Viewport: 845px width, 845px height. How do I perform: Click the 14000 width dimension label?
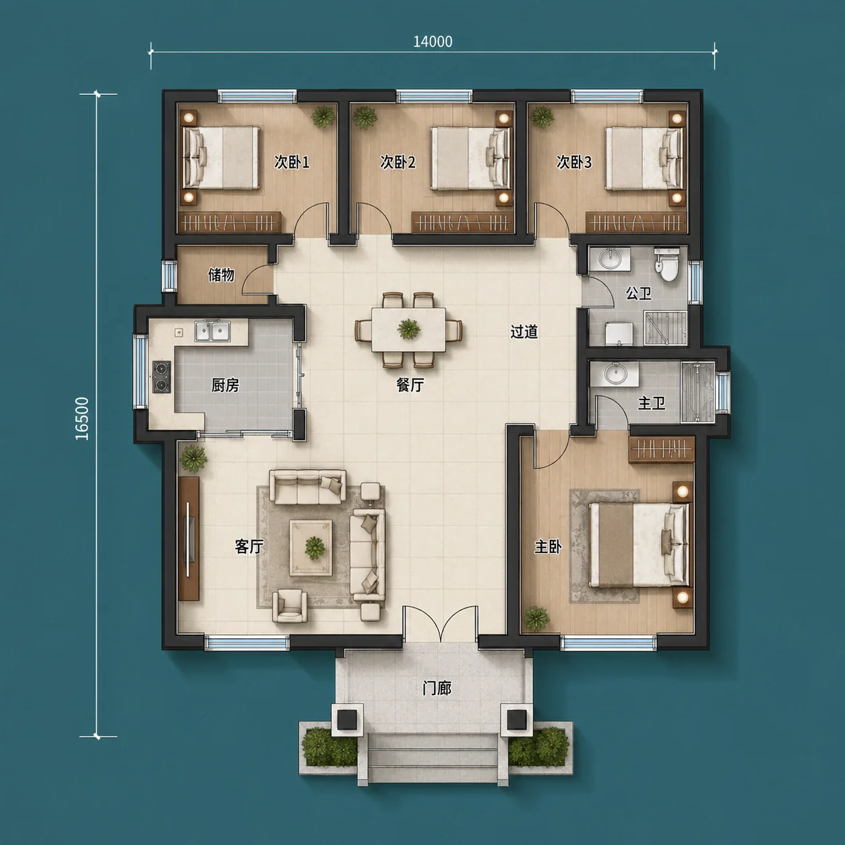433,42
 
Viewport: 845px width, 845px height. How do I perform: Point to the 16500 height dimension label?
82,418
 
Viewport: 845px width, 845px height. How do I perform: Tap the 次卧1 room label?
292,162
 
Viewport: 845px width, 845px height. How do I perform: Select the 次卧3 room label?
573,162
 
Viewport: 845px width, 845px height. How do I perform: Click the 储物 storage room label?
221,275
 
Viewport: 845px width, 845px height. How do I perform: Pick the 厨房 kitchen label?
225,385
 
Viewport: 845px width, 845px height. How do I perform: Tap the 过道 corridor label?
524,332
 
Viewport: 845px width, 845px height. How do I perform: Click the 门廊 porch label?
437,689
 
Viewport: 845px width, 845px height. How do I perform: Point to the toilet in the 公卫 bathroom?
667,265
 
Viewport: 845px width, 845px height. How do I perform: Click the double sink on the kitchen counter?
213,331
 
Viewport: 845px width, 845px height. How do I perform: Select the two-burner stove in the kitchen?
161,377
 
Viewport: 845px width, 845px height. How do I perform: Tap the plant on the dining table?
409,328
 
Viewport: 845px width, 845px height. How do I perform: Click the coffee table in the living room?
311,547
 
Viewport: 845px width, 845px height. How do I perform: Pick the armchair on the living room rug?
290,606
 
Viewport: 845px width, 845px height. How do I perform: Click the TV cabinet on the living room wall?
189,538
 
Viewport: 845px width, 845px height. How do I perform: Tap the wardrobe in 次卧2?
462,223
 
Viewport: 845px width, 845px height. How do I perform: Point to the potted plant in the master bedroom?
537,619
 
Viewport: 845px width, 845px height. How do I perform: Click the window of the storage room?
169,276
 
